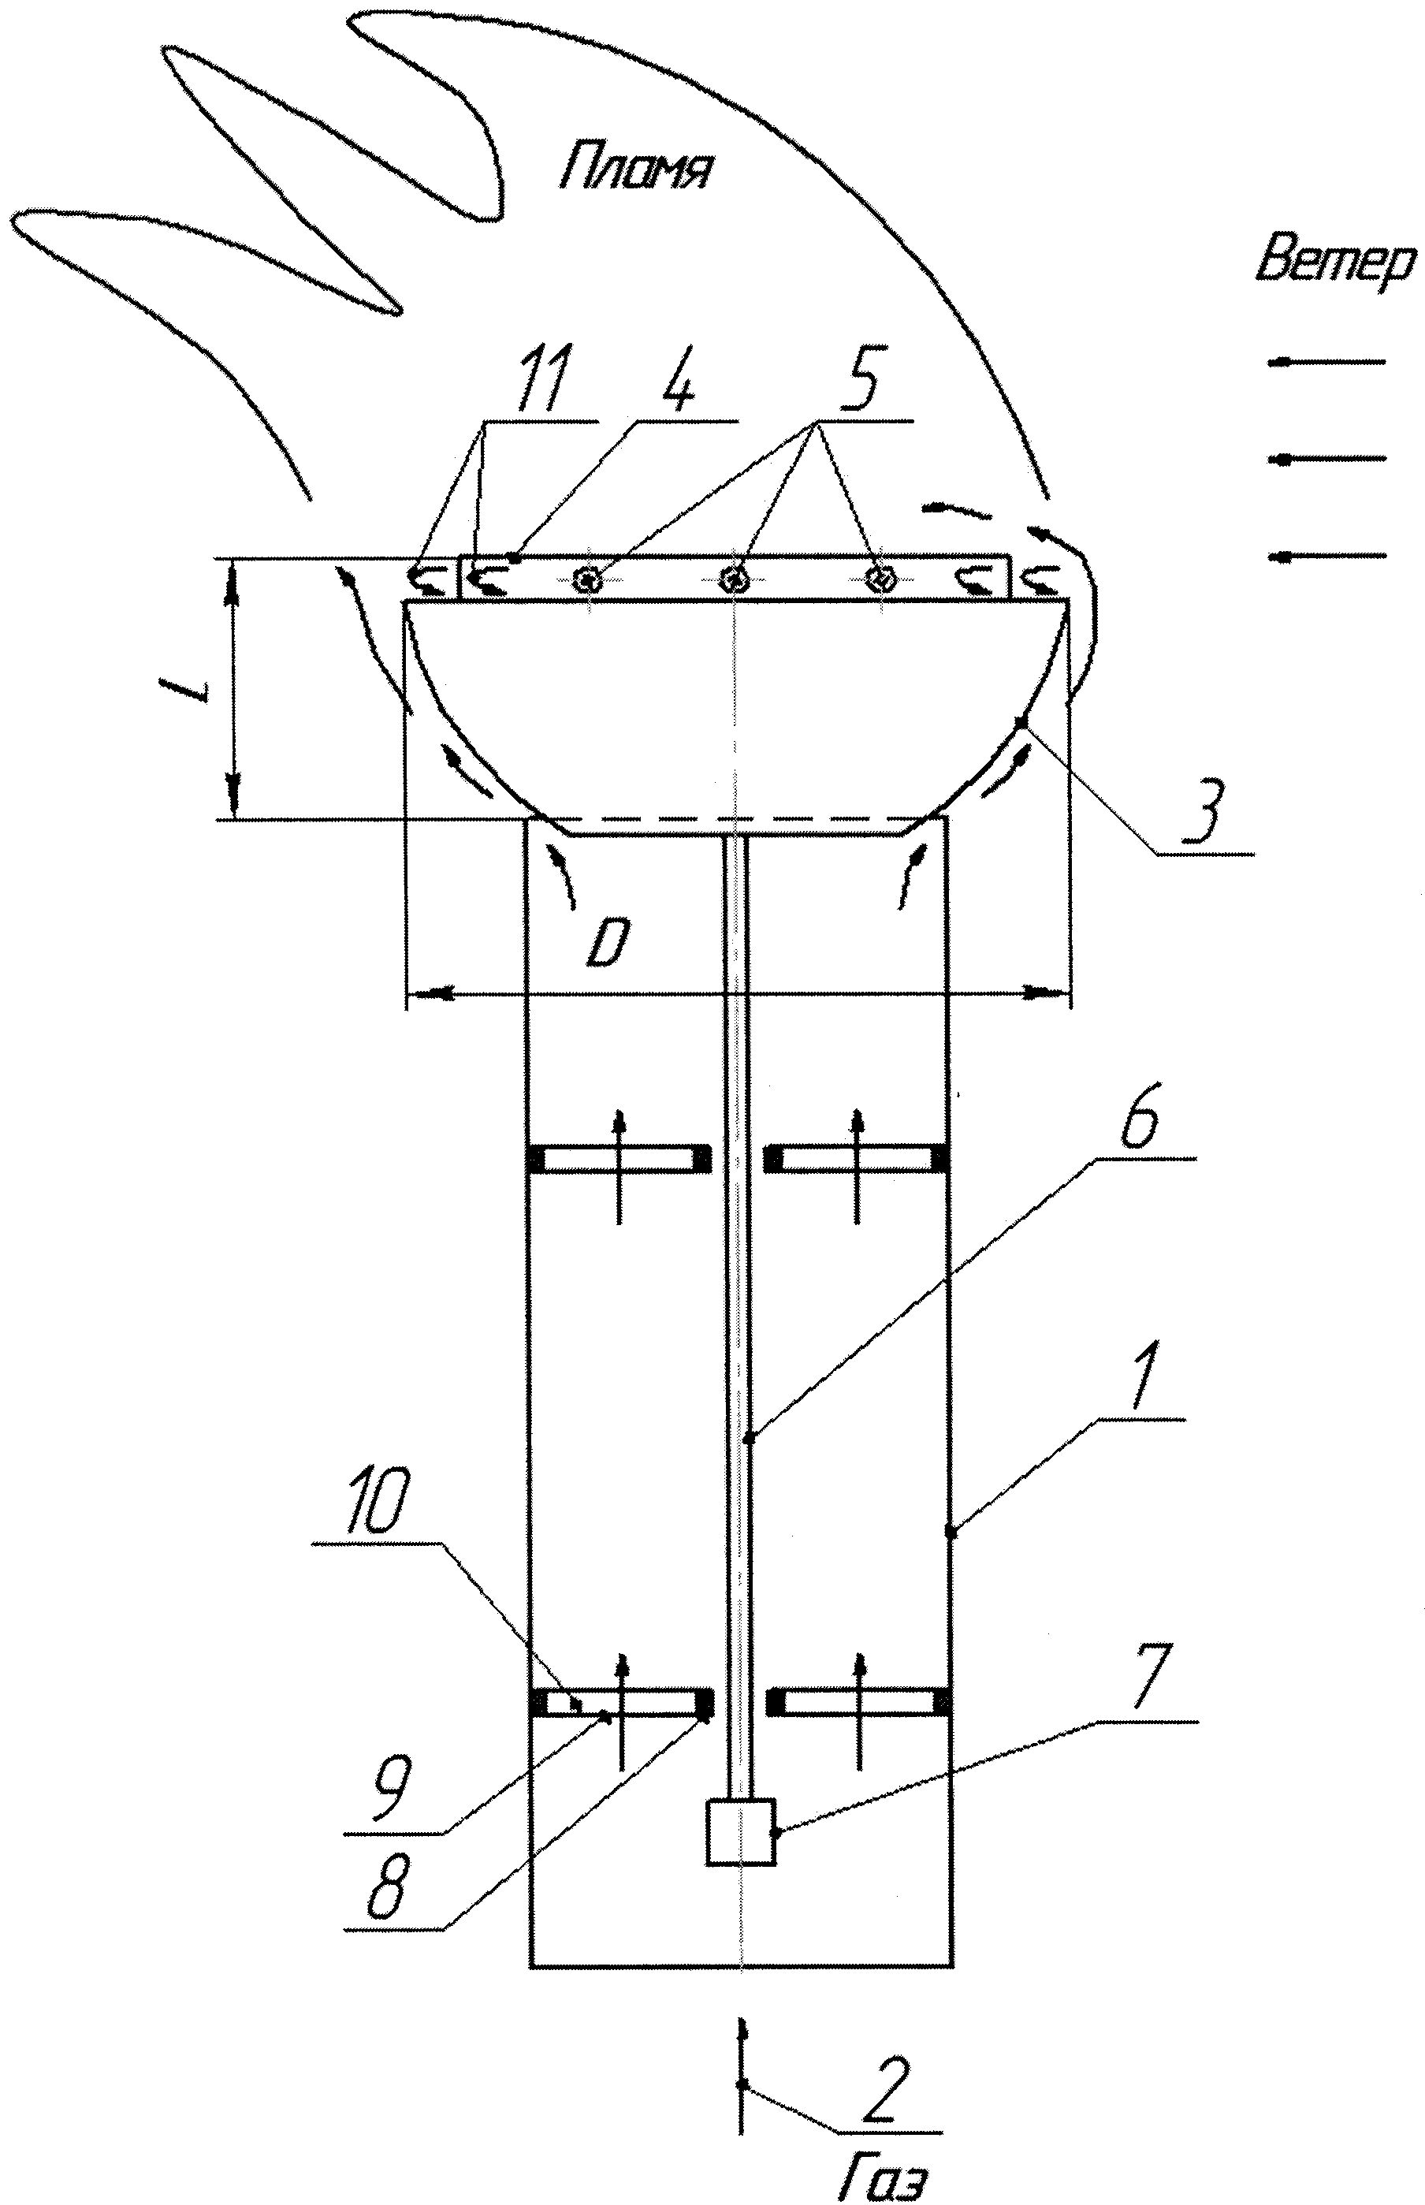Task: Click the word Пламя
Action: click(x=634, y=169)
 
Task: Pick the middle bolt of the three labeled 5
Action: click(x=735, y=580)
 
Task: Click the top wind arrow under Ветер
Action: click(x=1328, y=362)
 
